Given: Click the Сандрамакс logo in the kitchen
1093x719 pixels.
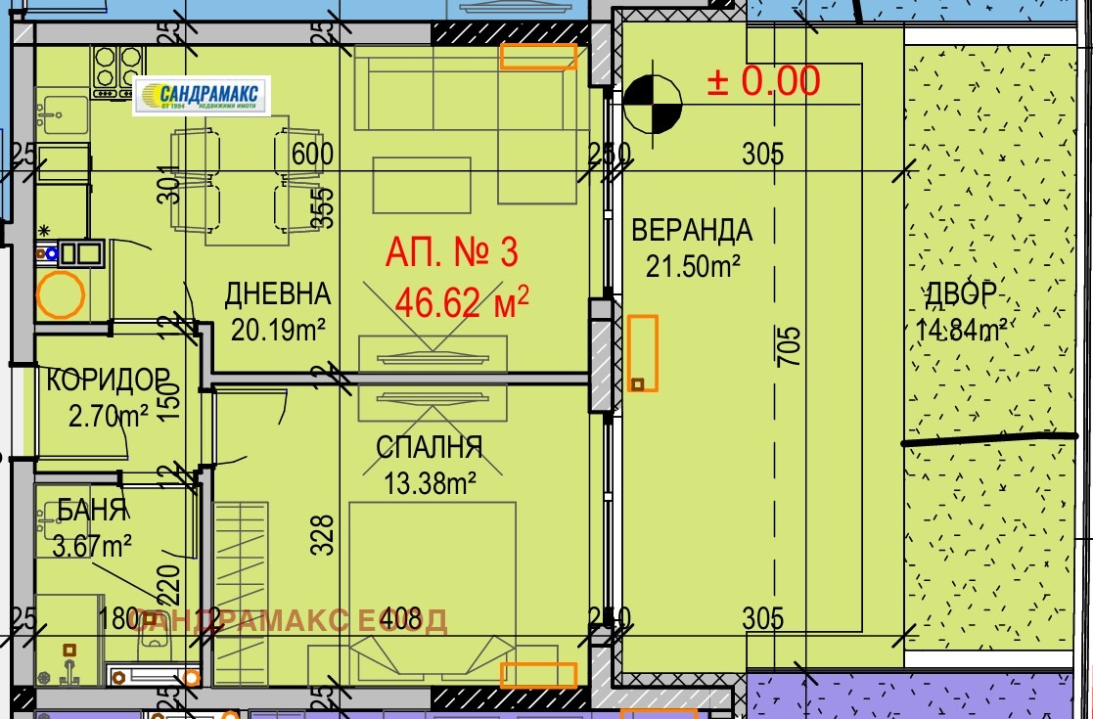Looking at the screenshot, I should pyautogui.click(x=201, y=96).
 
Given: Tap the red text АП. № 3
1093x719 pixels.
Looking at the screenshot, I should pyautogui.click(x=451, y=252).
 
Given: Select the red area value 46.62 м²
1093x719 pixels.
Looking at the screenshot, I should pyautogui.click(x=462, y=302).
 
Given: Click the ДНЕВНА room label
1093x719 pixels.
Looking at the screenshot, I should pyautogui.click(x=278, y=294).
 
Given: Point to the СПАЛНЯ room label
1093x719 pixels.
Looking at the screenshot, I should pyautogui.click(x=429, y=448).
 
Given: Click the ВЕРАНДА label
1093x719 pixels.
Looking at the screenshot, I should pyautogui.click(x=692, y=231).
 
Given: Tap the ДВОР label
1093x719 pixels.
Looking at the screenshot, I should pyautogui.click(x=963, y=293).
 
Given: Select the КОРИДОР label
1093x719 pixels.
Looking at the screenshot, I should pyautogui.click(x=108, y=379).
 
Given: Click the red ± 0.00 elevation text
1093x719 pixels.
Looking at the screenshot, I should pyautogui.click(x=763, y=81).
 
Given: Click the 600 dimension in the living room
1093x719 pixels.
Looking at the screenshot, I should pyautogui.click(x=313, y=155).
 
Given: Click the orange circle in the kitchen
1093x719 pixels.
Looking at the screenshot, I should pyautogui.click(x=60, y=294).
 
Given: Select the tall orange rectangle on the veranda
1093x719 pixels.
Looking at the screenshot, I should pyautogui.click(x=642, y=353).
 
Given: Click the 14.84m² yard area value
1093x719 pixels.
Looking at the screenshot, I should pyautogui.click(x=963, y=330).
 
